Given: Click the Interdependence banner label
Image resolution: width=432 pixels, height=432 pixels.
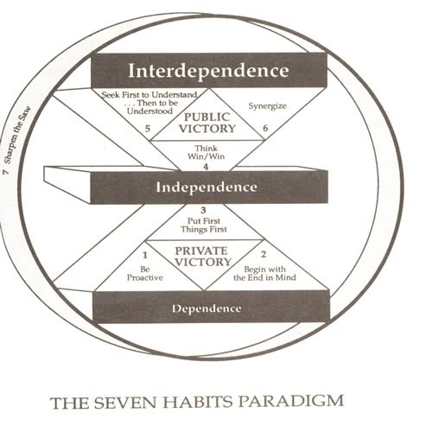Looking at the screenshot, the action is [208, 71].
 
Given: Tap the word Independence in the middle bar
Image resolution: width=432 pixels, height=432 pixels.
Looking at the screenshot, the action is [206, 187].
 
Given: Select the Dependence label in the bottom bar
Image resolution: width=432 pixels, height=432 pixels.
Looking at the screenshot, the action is [206, 308].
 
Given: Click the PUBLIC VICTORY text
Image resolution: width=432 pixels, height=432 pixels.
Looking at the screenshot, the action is [207, 123].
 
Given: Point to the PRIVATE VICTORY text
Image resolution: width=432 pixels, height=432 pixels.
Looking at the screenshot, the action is [203, 257].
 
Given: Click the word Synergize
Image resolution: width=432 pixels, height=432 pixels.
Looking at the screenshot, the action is [268, 105].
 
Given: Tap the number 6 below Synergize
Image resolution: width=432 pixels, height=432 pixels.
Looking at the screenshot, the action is [265, 128].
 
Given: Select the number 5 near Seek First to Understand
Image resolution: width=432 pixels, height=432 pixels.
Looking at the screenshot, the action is [148, 129].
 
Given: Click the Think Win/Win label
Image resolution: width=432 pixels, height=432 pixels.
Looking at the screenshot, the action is [206, 152].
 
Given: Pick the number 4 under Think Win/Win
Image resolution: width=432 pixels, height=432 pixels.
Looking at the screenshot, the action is [206, 167].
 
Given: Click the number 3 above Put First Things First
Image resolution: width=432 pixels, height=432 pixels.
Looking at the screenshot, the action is [203, 210].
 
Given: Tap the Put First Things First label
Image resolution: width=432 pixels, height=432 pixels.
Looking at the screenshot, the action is [204, 226].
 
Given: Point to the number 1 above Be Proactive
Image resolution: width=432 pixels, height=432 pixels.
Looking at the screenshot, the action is [145, 255].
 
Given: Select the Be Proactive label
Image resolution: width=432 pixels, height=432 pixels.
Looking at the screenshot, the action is [145, 274].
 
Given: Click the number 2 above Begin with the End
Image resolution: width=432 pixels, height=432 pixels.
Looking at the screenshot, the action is [264, 254].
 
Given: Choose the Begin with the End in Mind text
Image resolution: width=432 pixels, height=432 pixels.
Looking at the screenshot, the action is [264, 274].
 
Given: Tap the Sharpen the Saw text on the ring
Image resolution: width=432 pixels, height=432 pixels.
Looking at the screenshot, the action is [17, 136].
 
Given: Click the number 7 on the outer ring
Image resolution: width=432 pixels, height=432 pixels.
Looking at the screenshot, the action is [5, 172].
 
